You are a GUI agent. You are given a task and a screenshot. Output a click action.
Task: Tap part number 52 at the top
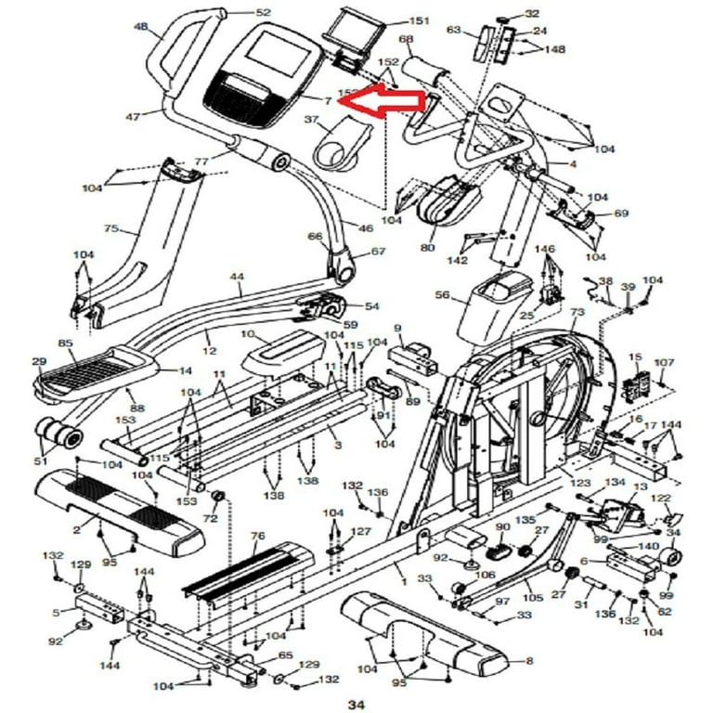click(x=263, y=12)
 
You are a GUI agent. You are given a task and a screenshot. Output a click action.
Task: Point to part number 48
click(x=141, y=27)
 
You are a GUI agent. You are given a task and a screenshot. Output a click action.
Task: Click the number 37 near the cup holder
click(x=311, y=120)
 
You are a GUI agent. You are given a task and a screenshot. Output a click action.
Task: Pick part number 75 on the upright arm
click(x=111, y=228)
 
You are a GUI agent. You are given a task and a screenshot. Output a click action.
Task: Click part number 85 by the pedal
click(x=65, y=344)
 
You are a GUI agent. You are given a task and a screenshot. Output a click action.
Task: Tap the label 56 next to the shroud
click(x=442, y=294)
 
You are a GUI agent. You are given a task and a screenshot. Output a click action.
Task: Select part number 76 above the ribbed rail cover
click(x=258, y=536)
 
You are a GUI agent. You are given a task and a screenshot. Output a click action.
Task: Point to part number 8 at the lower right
click(x=529, y=661)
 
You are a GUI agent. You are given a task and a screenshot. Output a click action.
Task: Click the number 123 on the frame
click(x=580, y=483)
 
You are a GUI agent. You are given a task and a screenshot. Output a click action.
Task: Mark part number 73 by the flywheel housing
click(x=577, y=314)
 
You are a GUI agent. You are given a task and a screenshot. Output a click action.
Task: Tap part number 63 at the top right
click(x=454, y=30)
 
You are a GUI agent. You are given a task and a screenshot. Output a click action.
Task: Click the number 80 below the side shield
click(x=427, y=247)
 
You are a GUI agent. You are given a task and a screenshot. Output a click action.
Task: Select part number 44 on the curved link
click(x=238, y=278)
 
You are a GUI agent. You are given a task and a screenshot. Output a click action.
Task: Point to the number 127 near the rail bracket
click(x=360, y=532)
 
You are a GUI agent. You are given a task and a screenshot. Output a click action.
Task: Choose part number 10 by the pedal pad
click(x=247, y=334)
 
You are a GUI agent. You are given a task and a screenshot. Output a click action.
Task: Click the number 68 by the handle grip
click(x=406, y=39)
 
